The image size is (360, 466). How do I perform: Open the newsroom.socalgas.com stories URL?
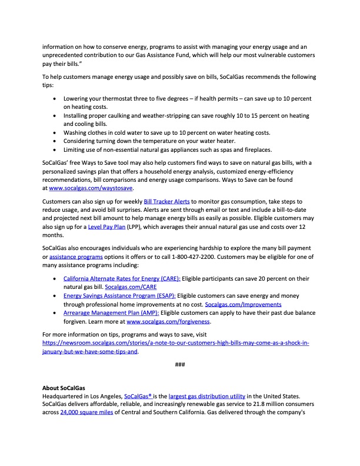point(176,343)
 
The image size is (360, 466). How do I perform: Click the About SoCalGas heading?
point(64,388)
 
